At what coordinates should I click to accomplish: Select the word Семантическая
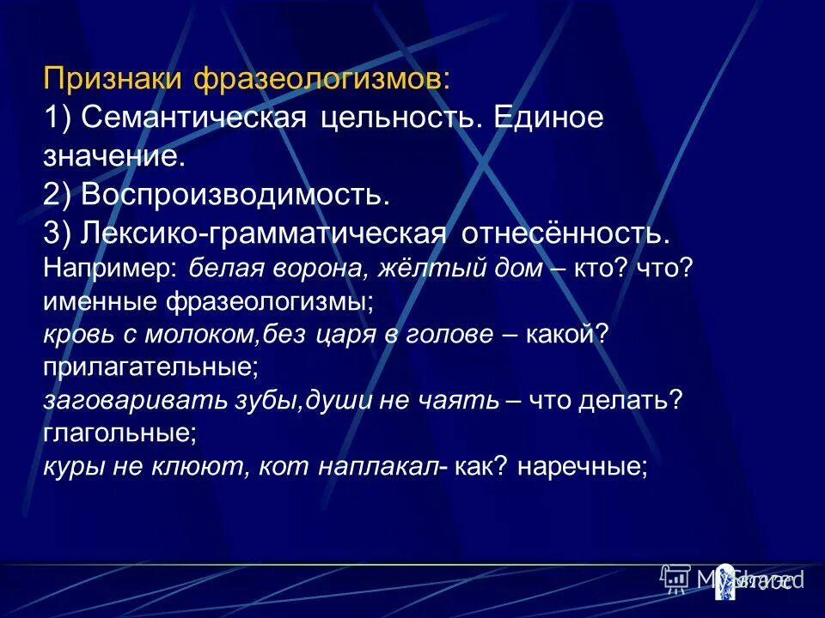pyautogui.click(x=194, y=118)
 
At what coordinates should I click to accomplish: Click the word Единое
pyautogui.click(x=549, y=118)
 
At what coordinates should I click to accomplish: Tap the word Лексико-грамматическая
pyautogui.click(x=264, y=233)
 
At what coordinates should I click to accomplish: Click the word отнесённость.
pyautogui.click(x=565, y=233)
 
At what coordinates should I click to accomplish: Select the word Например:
pyautogui.click(x=110, y=268)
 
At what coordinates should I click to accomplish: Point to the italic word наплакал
pyautogui.click(x=392, y=467)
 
